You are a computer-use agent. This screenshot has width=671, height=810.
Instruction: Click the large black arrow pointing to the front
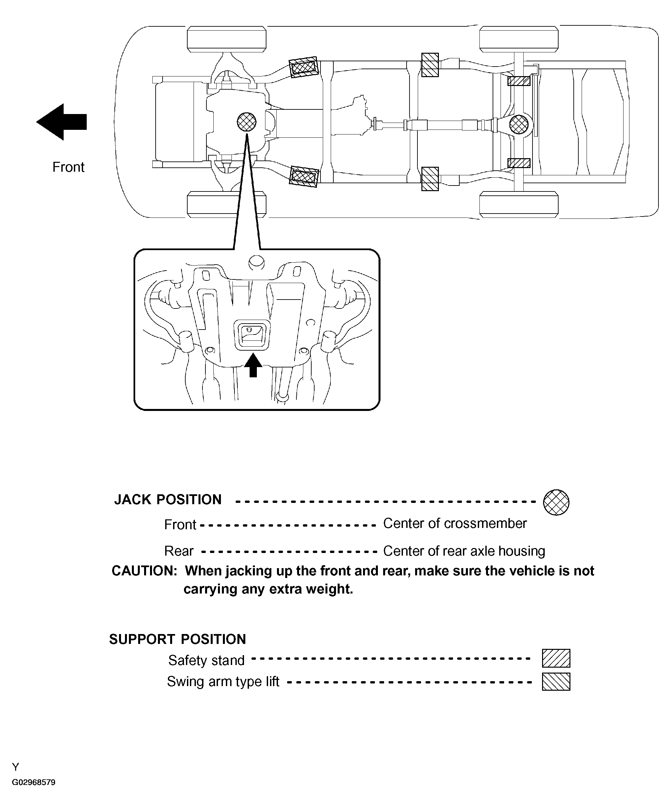pos(62,122)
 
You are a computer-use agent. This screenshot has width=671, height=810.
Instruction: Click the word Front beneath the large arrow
pos(68,167)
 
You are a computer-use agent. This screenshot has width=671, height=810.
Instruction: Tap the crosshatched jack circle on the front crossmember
pos(247,122)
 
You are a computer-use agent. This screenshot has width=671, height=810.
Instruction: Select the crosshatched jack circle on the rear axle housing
pos(519,125)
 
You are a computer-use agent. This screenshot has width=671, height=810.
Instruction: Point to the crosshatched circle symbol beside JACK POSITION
pos(556,502)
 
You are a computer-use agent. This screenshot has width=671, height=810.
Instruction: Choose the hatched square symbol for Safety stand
pos(556,658)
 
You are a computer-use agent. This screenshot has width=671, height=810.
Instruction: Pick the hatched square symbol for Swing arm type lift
pos(556,681)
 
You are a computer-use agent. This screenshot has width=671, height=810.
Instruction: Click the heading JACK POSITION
pos(168,500)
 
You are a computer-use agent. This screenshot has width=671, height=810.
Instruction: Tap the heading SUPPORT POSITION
pos(177,639)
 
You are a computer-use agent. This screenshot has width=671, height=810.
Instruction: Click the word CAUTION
pos(144,571)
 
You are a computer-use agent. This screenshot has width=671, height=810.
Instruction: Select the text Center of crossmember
pos(455,523)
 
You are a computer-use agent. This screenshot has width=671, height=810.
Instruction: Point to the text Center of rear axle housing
pos(464,551)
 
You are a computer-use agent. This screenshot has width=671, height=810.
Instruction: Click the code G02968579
pos(34,783)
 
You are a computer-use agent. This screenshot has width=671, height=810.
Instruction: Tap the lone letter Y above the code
pos(15,767)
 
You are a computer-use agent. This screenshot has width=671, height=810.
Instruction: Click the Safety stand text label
pos(206,660)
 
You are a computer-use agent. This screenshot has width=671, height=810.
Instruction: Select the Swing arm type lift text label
pos(223,681)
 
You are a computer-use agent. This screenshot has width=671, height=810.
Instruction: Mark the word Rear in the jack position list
pos(179,551)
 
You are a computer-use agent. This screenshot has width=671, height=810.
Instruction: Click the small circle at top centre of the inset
pos(256,262)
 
